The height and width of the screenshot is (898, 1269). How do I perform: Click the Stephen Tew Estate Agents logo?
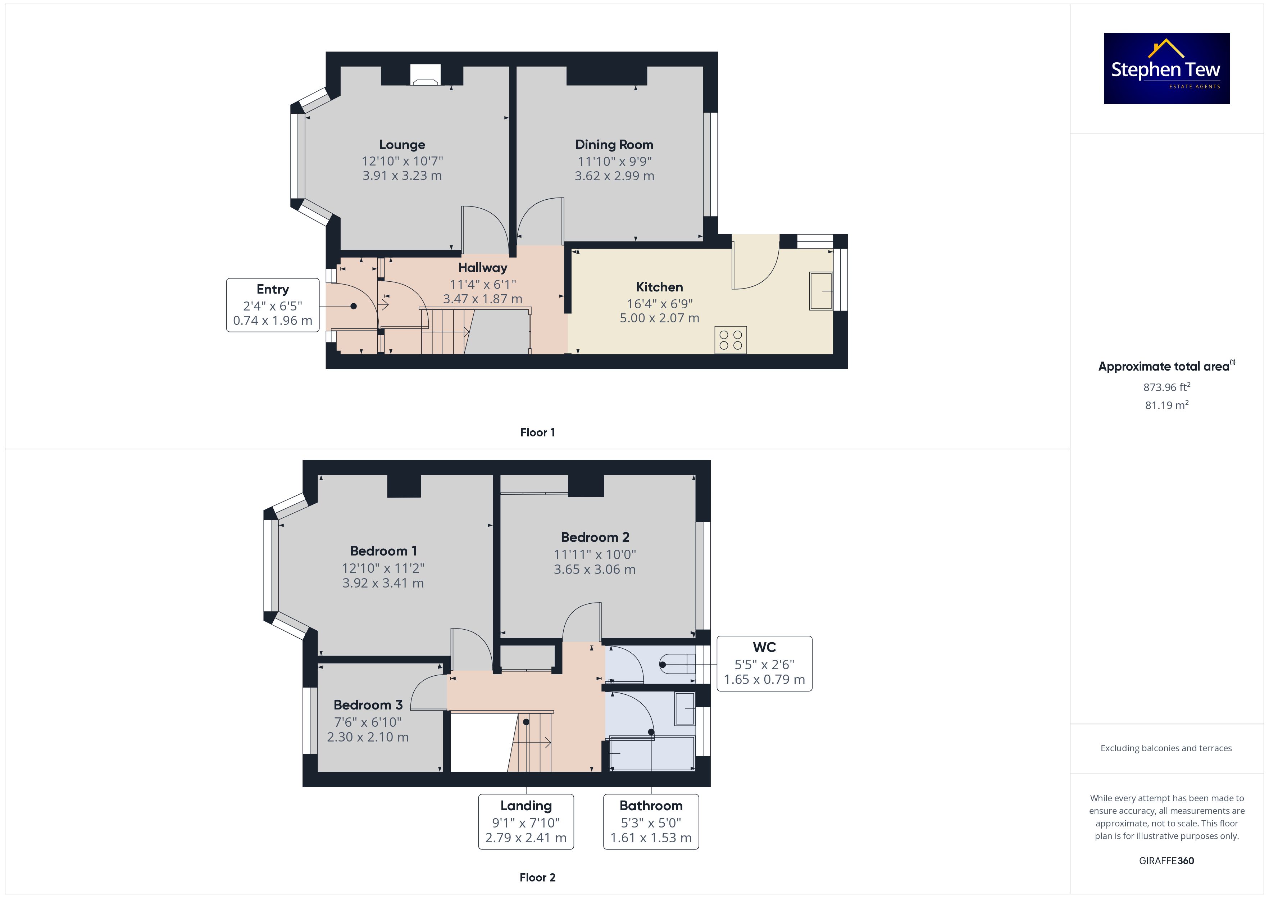coord(1167,69)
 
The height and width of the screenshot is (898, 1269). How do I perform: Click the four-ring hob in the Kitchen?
coord(730,340)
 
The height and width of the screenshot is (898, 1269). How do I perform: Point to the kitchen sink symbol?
coord(821,291)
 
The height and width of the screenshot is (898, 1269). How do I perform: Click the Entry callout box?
coord(273,305)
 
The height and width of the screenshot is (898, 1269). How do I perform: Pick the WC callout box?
coord(764,663)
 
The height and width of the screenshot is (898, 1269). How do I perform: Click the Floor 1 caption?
coord(537,432)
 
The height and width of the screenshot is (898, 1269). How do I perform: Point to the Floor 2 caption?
coord(537,877)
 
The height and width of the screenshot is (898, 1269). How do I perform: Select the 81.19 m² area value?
coord(1167,405)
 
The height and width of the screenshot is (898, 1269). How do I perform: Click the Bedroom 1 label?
coord(383,551)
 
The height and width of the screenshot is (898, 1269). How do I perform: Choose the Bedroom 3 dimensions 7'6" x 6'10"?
coord(368,722)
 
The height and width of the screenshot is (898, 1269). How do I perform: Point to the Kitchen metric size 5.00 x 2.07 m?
coord(659,318)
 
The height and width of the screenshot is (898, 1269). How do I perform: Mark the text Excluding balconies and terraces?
coord(1166,748)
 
